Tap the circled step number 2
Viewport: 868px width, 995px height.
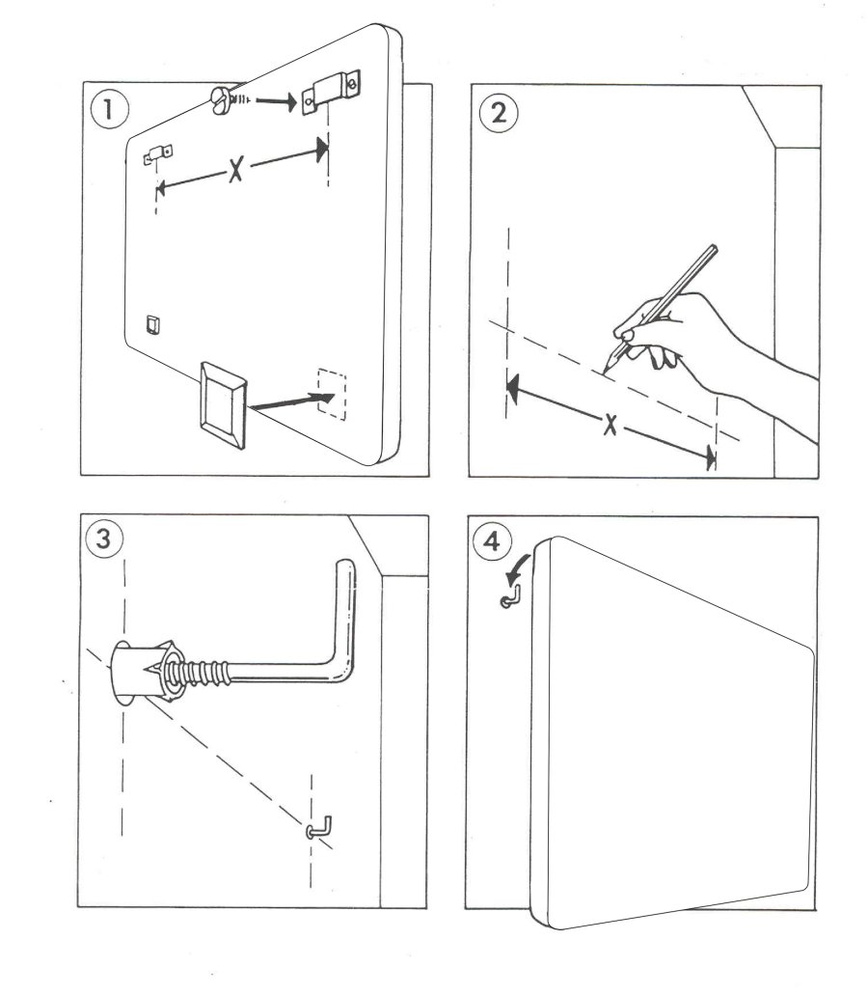498,113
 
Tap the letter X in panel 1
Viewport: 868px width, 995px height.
236,171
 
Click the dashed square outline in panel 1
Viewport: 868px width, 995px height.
331,392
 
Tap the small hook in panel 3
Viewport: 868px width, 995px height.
320,827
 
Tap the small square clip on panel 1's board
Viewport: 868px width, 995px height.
151,324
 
